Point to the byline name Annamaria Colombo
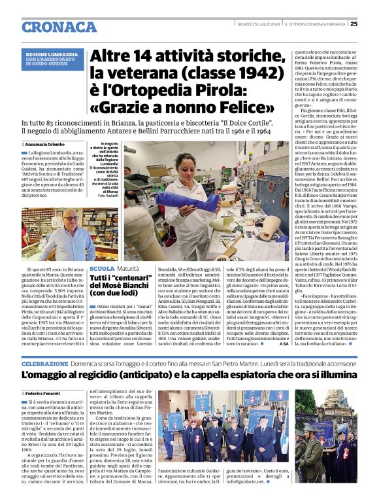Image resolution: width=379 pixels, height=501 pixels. tap(46, 144)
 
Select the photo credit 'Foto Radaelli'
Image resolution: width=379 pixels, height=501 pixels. tap(107, 196)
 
